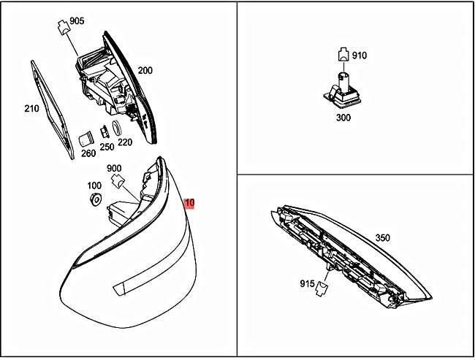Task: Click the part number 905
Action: (x=77, y=21)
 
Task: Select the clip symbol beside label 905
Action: (x=64, y=27)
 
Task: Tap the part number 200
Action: (x=145, y=70)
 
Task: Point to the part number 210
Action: (x=31, y=108)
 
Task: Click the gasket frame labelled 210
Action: (x=53, y=110)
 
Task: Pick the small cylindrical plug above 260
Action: (x=85, y=139)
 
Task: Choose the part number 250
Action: (x=107, y=147)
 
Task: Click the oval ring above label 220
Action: (x=117, y=128)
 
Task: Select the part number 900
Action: (x=114, y=168)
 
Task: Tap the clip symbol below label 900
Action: (x=118, y=181)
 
